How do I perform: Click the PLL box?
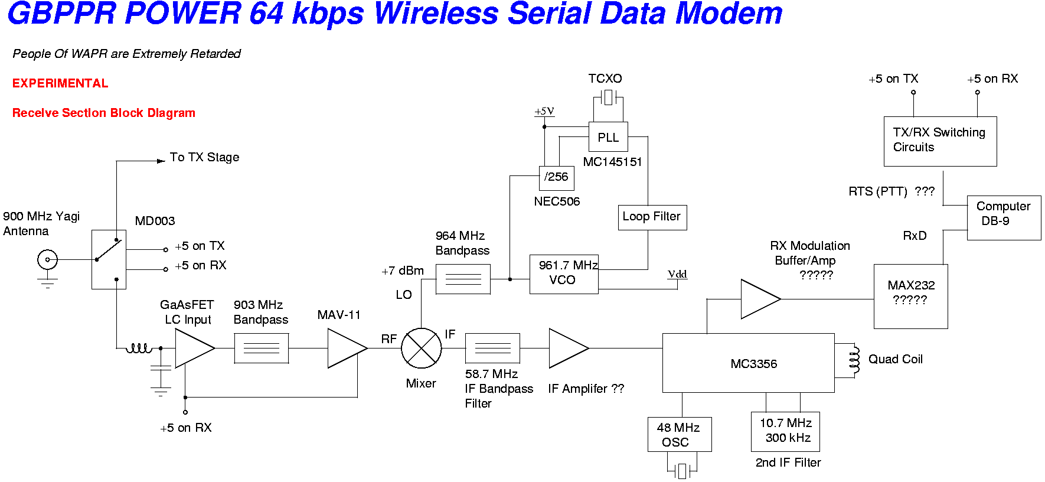click(x=608, y=137)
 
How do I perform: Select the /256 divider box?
click(x=556, y=178)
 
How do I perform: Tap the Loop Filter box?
click(x=652, y=217)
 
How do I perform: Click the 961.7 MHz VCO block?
click(x=564, y=273)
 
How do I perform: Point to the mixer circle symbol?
click(x=421, y=348)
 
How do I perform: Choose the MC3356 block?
click(x=748, y=363)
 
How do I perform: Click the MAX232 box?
click(x=910, y=296)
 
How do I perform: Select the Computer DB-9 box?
click(x=1003, y=217)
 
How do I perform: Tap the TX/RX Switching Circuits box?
click(x=940, y=141)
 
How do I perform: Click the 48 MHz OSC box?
click(x=679, y=434)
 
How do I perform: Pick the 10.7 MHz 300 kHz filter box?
click(x=785, y=431)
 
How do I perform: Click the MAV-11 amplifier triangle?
click(x=345, y=348)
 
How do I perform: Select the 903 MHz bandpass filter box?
click(x=261, y=348)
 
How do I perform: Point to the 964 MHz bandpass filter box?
click(x=463, y=279)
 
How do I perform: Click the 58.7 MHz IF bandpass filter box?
click(x=492, y=348)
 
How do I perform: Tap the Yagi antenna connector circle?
click(x=47, y=259)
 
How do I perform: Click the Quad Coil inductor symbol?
click(x=854, y=359)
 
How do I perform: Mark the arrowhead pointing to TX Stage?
click(x=161, y=161)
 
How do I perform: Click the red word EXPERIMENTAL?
click(x=60, y=83)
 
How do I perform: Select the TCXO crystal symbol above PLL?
click(x=608, y=97)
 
